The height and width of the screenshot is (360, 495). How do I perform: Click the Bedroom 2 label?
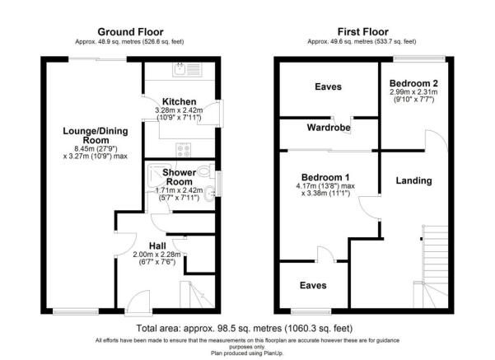(412, 84)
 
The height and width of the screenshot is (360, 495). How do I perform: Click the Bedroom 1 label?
(325, 176)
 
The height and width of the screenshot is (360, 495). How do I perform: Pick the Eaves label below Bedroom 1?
(311, 285)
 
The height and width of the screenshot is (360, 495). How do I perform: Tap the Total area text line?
(247, 327)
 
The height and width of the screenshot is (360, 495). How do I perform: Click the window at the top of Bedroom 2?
(417, 58)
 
